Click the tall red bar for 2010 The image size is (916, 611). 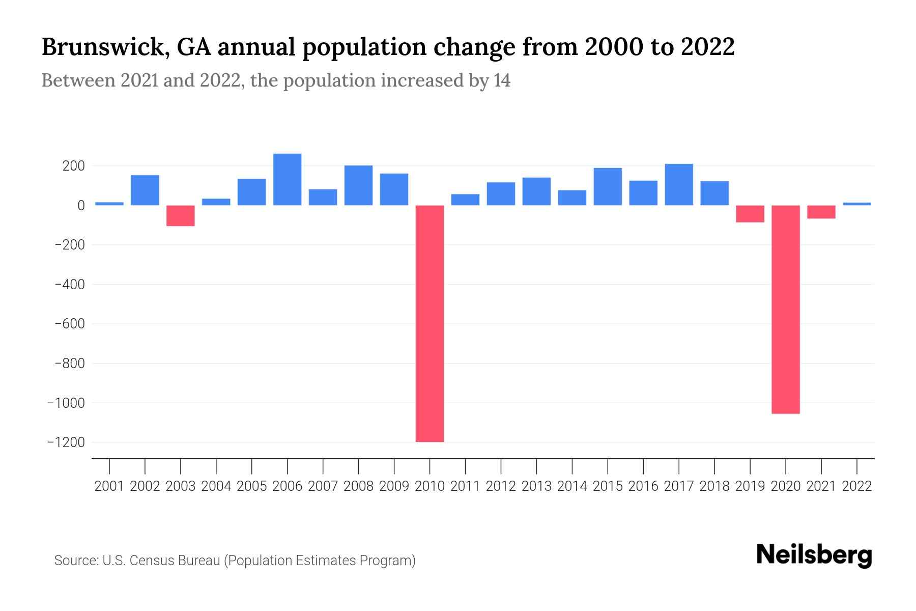(430, 323)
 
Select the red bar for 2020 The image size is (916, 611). (786, 309)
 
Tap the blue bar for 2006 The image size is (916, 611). (288, 179)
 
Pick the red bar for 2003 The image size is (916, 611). (181, 215)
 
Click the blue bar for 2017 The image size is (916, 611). (679, 184)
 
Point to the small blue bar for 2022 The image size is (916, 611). (857, 204)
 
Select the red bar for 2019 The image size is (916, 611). (750, 214)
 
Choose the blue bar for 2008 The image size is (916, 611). (359, 185)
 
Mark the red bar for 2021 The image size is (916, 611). (821, 212)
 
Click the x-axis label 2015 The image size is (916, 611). (608, 486)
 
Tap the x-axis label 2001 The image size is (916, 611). (109, 486)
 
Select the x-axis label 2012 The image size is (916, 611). (501, 486)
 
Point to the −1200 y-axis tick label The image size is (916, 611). (66, 442)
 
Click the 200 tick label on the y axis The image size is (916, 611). (74, 166)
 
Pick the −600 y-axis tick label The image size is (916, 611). (70, 324)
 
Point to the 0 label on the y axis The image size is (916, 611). (81, 205)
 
